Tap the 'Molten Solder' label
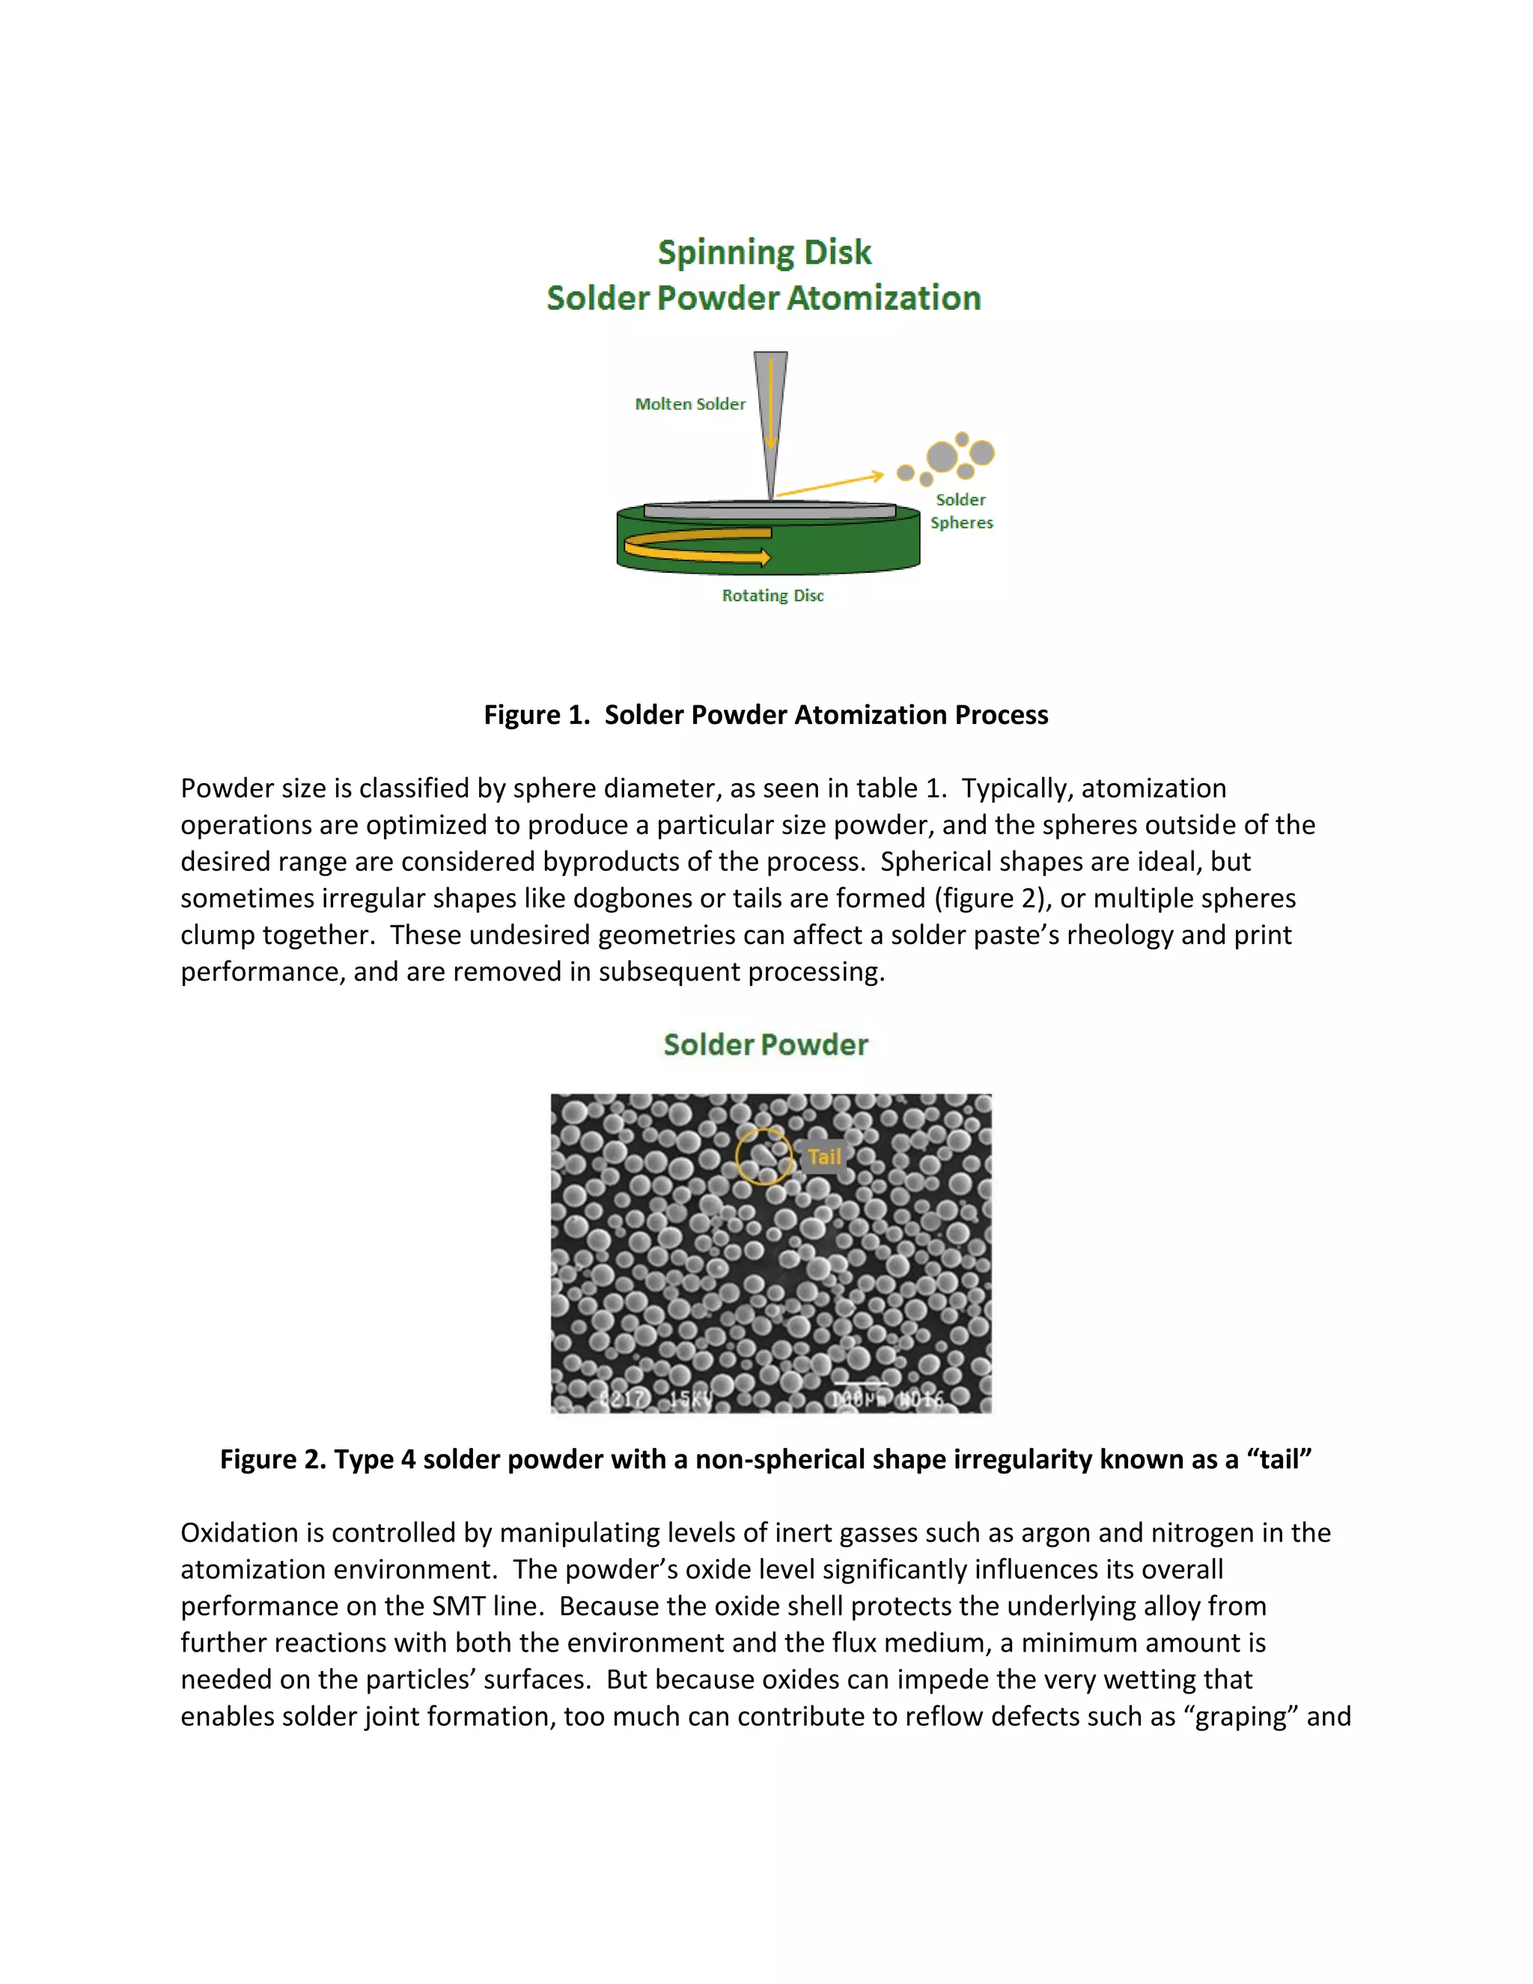[x=689, y=404]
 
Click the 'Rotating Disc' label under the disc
[x=772, y=596]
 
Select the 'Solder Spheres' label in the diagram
[x=961, y=511]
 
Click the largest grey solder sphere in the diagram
[x=942, y=457]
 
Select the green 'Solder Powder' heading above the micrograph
[x=765, y=1044]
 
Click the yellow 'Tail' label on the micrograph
[x=823, y=1157]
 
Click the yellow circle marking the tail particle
[x=764, y=1157]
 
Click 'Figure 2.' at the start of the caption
[x=272, y=1459]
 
